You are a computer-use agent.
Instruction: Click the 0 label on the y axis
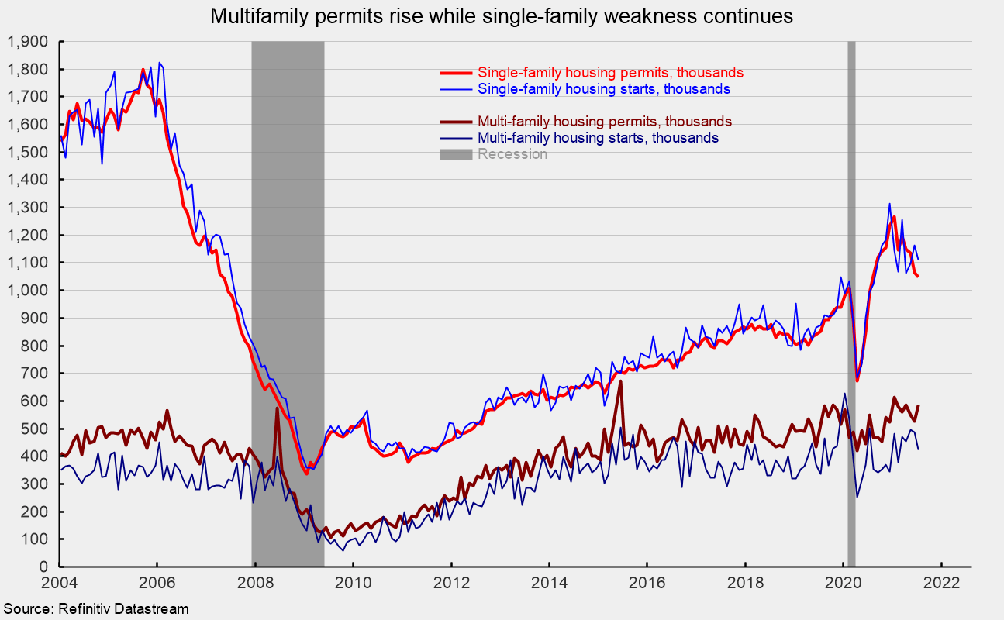(44, 567)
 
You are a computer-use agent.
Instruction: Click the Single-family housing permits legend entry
(611, 73)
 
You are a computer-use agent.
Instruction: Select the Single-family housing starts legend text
(604, 89)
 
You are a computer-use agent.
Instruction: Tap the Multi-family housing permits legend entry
(605, 122)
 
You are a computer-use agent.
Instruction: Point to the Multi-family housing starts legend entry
(598, 138)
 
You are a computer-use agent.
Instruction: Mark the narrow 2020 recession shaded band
(851, 310)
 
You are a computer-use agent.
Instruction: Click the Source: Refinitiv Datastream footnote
(95, 609)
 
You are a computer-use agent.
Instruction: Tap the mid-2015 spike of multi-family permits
(620, 381)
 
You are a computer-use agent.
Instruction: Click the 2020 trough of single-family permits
(857, 381)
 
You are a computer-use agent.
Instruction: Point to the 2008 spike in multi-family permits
(277, 408)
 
